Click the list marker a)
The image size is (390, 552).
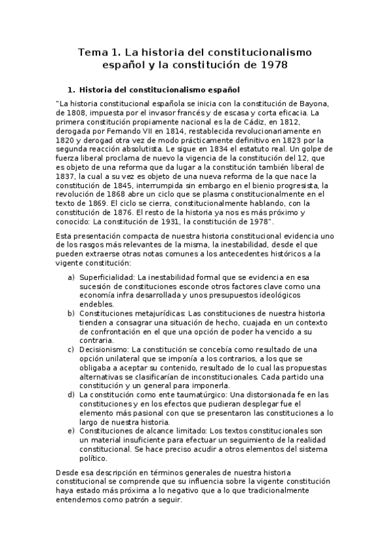pos(72,278)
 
